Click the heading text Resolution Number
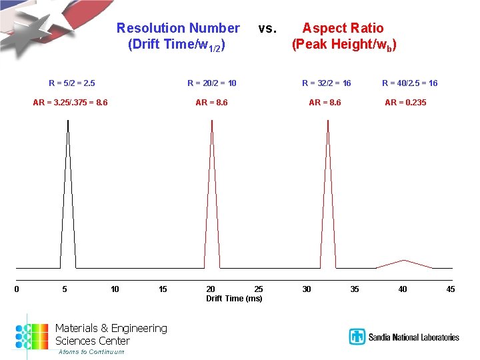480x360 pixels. click(178, 28)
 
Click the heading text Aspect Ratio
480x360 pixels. click(343, 28)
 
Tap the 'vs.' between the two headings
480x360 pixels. click(267, 29)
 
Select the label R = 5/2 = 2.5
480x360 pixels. click(72, 83)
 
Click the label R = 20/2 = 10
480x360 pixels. click(212, 83)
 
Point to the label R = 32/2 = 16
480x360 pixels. click(327, 83)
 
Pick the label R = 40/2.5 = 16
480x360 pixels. click(409, 83)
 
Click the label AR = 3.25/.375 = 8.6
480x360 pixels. click(71, 103)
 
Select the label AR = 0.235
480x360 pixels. click(405, 103)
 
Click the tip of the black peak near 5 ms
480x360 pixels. click(68, 122)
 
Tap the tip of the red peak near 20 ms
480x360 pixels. click(211, 122)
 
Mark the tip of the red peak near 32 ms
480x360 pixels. click(327, 122)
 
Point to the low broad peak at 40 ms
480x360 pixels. click(403, 261)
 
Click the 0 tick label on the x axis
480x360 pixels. click(16, 289)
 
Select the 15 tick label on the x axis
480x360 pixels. click(163, 289)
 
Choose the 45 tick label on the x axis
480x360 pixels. click(451, 289)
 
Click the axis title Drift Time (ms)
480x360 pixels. click(234, 299)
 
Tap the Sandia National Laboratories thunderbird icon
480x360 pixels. click(357, 337)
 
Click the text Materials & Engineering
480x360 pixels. click(111, 328)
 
